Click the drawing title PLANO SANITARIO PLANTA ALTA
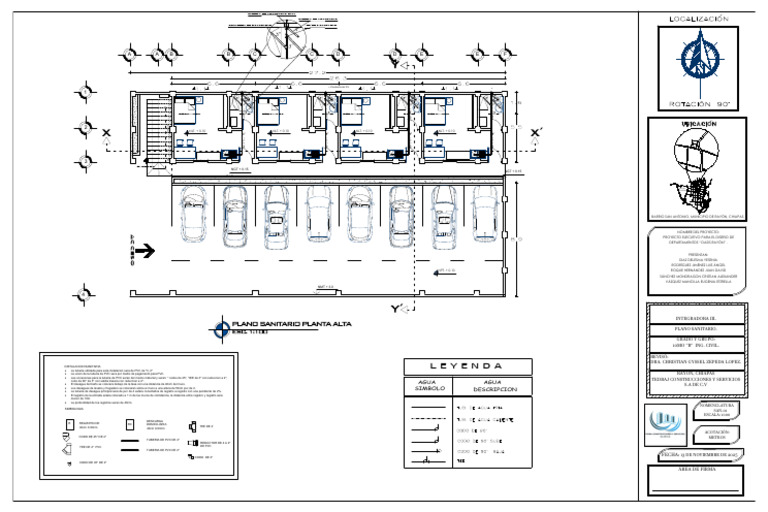(297, 325)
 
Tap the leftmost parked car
(192, 216)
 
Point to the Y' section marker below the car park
(397, 306)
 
